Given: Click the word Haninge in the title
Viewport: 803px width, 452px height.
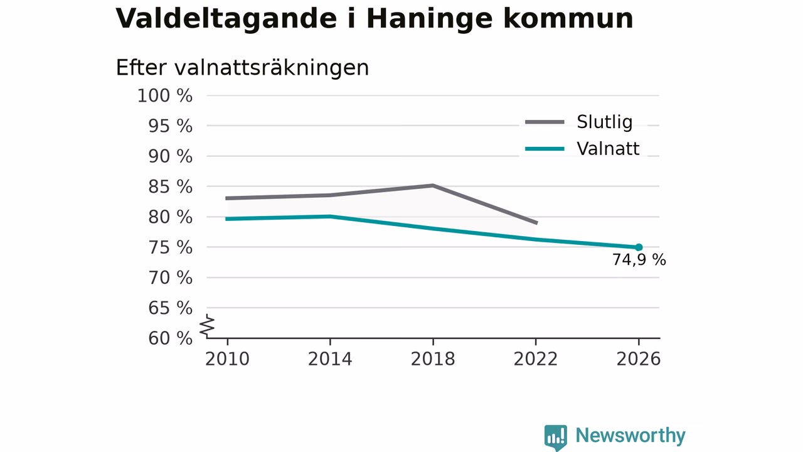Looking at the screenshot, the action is coord(430,19).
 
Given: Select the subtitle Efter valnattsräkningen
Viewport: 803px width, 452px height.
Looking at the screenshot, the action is coord(242,68).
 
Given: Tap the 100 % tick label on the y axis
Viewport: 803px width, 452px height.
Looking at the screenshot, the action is coord(165,96).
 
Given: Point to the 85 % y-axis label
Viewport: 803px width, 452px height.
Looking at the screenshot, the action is coord(170,186).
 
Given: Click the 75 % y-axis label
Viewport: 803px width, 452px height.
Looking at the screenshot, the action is coord(170,247).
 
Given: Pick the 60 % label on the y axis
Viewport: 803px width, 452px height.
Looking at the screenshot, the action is coord(170,338).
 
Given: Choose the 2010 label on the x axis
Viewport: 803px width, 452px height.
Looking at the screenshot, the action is coord(227,359).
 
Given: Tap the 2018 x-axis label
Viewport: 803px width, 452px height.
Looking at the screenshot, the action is coord(433,359).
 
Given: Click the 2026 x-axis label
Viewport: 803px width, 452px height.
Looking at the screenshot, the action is coord(639,359).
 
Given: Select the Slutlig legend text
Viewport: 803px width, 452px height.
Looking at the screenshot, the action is coord(604,122).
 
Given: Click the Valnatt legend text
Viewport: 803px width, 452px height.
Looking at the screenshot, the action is coord(608,149).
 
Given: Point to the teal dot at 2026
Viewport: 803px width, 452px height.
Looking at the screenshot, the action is coord(639,247).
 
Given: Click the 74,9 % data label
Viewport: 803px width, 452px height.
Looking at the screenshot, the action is coord(639,260).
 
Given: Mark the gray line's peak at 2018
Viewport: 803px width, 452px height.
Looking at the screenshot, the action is coord(433,185).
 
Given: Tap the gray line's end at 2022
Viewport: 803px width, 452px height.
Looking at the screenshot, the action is coord(536,223).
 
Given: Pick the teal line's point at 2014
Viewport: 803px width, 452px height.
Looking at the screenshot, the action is coord(330,217).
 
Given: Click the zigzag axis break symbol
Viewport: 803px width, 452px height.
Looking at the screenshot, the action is coord(207,326).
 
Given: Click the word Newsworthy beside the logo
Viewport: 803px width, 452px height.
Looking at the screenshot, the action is coord(630,436).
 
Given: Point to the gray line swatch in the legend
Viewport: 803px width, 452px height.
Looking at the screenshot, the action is coord(545,122).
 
